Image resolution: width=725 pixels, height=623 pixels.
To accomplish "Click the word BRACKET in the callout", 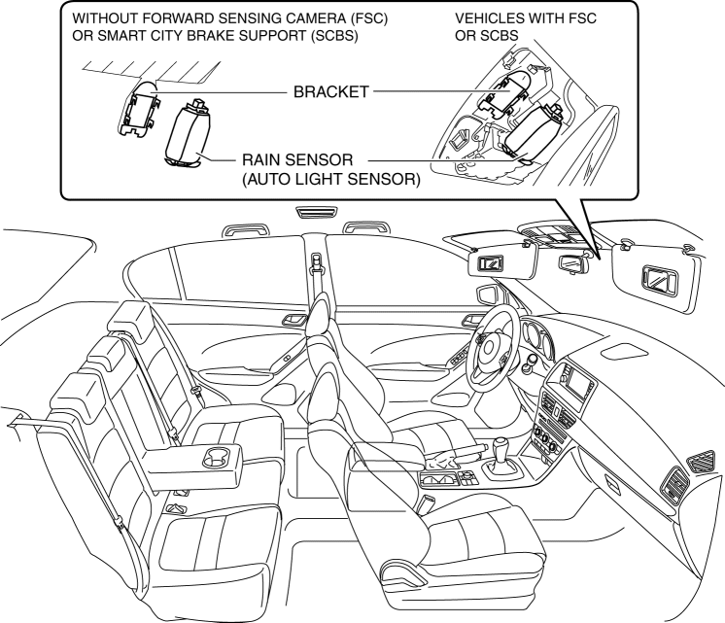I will [330, 93].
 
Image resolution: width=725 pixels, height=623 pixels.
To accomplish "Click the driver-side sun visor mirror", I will [492, 261].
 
